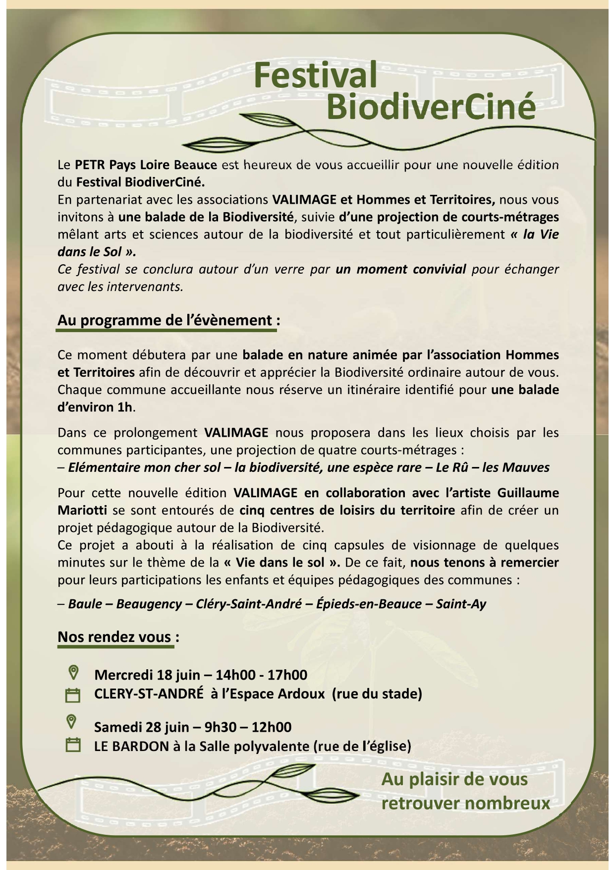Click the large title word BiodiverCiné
431,106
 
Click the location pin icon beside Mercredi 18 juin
73,673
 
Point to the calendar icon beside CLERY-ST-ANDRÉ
73,695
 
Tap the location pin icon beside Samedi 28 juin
72,722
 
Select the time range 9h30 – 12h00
248,727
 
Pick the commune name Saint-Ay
461,604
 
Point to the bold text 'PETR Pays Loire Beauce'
146,165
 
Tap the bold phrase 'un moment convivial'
400,269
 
